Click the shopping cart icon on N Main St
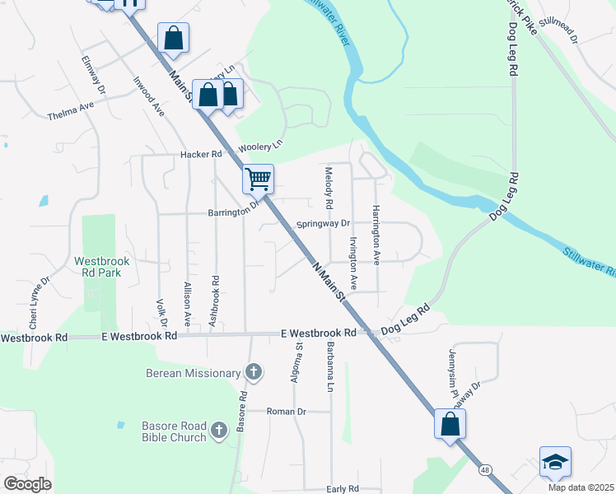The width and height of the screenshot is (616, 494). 259,178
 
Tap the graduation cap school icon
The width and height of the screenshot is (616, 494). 555,462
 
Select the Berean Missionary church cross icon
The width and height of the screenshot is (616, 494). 254,372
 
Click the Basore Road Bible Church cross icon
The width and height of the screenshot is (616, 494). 219,430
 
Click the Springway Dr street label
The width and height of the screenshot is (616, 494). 324,223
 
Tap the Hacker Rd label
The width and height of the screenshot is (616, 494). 202,154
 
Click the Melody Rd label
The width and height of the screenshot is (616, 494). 329,189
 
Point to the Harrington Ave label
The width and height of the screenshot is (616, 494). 376,235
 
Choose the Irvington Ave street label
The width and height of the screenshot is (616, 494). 353,263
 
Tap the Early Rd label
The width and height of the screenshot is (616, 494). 343,488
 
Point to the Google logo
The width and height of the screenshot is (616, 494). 27,483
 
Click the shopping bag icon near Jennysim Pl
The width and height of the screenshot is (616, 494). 450,424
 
